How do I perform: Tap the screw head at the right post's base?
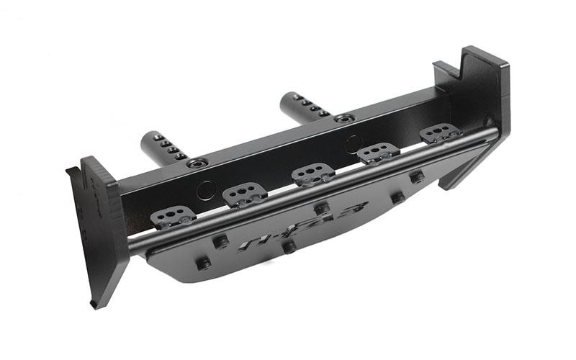click(346, 118)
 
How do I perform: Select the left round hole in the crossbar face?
click(206, 189)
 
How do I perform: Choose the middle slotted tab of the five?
click(312, 174)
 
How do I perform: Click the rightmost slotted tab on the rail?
click(440, 133)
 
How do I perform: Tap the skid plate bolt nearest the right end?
click(416, 177)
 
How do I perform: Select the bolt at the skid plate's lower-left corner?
click(204, 264)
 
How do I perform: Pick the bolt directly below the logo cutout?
click(289, 247)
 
